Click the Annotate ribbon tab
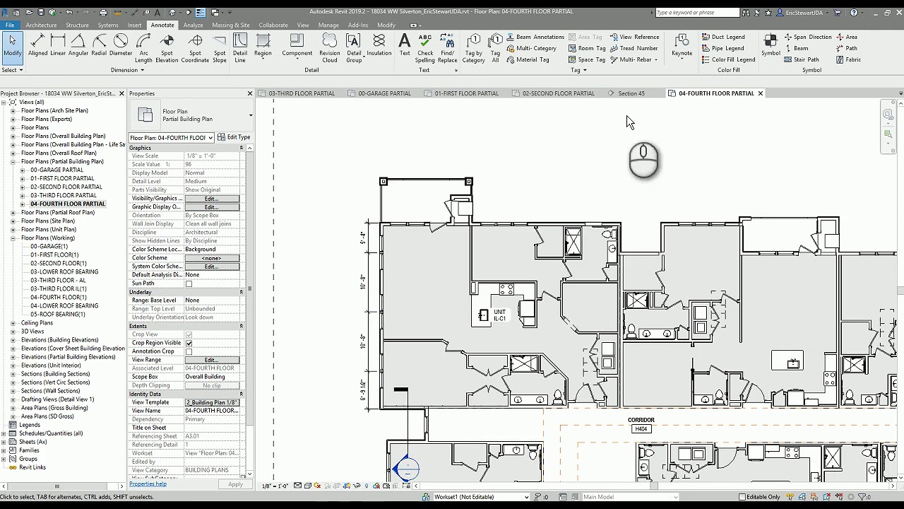pos(162,25)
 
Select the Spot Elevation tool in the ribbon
pos(167,47)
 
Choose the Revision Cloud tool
pos(329,47)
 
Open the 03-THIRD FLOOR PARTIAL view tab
pos(302,93)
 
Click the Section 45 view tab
pos(631,93)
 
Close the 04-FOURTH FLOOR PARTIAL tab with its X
pos(761,93)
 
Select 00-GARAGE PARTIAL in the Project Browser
pos(56,170)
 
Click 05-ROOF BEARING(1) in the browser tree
pos(57,315)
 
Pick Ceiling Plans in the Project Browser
pos(37,323)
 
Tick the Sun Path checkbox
pos(189,283)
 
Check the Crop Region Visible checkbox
pos(189,343)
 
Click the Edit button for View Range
pos(211,360)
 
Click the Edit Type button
pos(234,137)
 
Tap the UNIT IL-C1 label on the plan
pos(499,315)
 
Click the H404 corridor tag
pos(641,429)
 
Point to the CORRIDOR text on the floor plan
pos(641,420)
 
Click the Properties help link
pos(148,484)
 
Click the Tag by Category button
pos(473,47)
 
